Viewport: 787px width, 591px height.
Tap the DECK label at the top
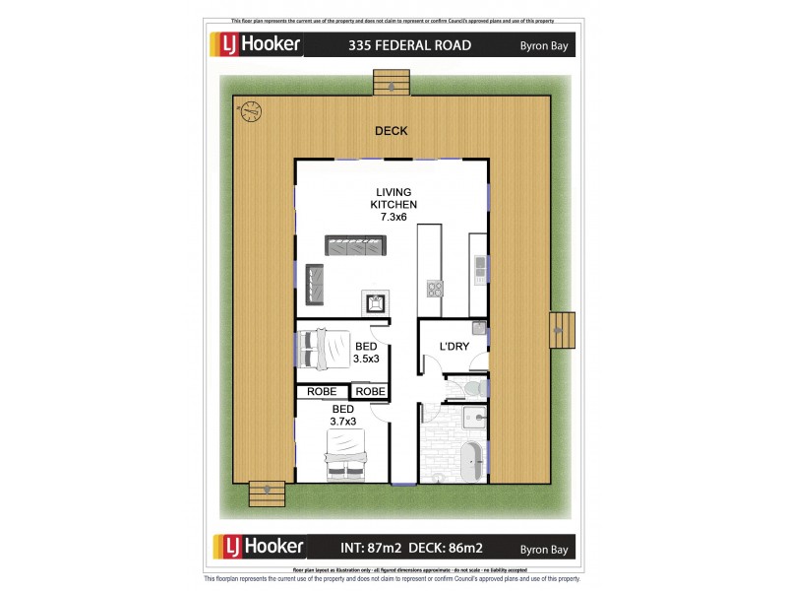coord(391,131)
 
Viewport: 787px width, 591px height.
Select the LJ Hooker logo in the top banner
coord(258,45)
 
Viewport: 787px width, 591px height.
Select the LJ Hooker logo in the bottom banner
coord(258,547)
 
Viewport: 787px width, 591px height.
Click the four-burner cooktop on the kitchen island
coord(433,288)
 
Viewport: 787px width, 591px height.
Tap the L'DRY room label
coord(454,346)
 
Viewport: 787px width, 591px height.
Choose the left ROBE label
coord(322,391)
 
